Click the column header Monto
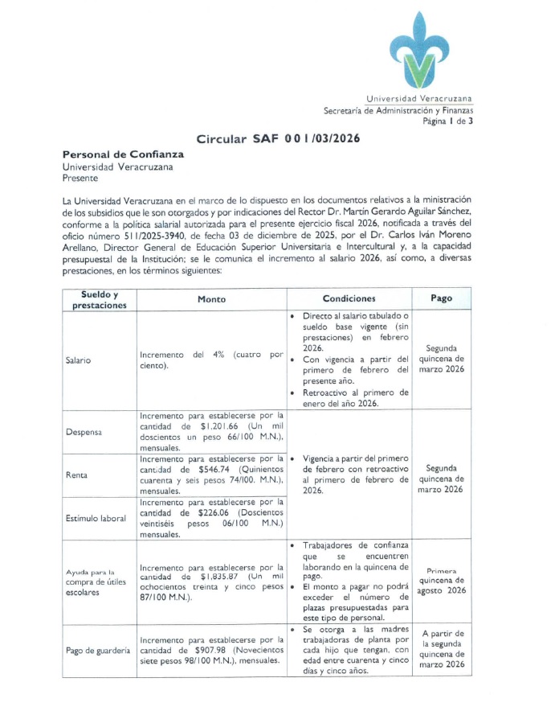[212, 299]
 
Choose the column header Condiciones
[349, 298]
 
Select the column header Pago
[441, 298]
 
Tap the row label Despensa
[83, 432]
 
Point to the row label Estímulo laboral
[96, 518]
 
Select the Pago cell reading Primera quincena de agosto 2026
[441, 579]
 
